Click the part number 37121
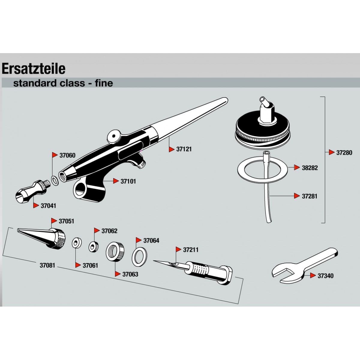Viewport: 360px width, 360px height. pos(184,149)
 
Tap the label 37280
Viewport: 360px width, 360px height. pos(344,153)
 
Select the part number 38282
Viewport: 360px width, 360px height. pos(310,168)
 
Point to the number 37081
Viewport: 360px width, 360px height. pos(47,265)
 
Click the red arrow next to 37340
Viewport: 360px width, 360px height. pos(313,275)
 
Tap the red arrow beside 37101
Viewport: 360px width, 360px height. pos(116,181)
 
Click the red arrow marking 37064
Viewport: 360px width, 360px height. pos(139,240)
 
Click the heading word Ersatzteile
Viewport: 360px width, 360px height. pos(34,69)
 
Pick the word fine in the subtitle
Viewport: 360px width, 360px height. pos(104,83)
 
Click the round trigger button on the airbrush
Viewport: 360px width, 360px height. pos(114,137)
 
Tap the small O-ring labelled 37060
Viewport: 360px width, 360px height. pos(55,180)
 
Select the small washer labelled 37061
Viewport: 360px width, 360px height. pos(77,243)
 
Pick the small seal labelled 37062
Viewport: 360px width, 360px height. pos(94,247)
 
